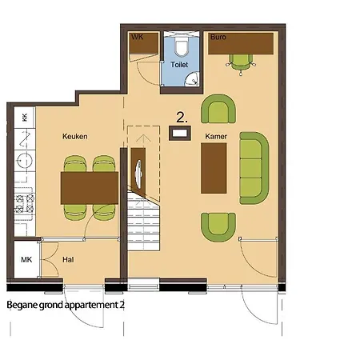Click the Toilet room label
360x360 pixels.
[179, 65]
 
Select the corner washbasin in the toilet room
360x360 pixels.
[193, 79]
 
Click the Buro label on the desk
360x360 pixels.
[218, 37]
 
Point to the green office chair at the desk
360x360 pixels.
[241, 64]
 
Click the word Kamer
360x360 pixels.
[216, 137]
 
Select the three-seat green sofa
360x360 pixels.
[254, 168]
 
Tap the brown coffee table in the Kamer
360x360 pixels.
[214, 168]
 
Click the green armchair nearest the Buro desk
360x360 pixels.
[218, 109]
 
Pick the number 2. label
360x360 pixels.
[182, 118]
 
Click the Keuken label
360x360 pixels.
[75, 137]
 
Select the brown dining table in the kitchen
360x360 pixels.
[90, 188]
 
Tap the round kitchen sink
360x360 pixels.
[25, 161]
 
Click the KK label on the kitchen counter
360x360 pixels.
[25, 118]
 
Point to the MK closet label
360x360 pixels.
[26, 259]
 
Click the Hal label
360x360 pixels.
[68, 259]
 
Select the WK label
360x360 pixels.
[138, 37]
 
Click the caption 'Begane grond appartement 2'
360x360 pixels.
[66, 305]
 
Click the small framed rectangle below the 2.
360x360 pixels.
[180, 133]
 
